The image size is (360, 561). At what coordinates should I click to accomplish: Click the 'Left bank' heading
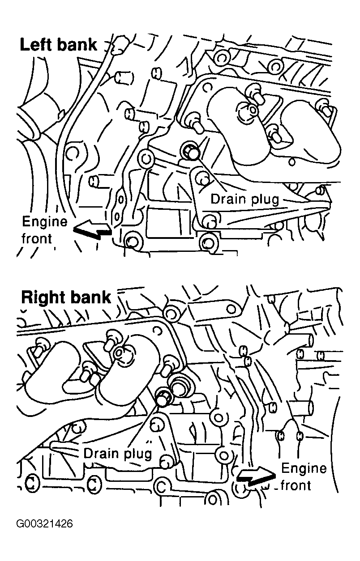point(58,45)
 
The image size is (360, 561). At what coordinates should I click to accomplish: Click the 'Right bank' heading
point(66,297)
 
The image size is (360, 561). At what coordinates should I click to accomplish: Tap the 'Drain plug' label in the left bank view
point(244,198)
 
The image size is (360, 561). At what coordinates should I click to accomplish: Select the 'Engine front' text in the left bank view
point(44,229)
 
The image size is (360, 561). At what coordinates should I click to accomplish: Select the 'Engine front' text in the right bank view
point(303,476)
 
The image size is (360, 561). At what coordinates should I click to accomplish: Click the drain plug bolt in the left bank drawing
point(191,153)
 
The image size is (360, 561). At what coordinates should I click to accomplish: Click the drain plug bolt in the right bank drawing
point(163,397)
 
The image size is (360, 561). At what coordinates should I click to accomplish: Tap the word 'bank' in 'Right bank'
point(92,297)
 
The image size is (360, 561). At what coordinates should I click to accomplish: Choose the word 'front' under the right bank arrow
point(296,485)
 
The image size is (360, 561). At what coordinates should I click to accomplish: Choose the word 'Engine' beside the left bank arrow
point(44,221)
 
